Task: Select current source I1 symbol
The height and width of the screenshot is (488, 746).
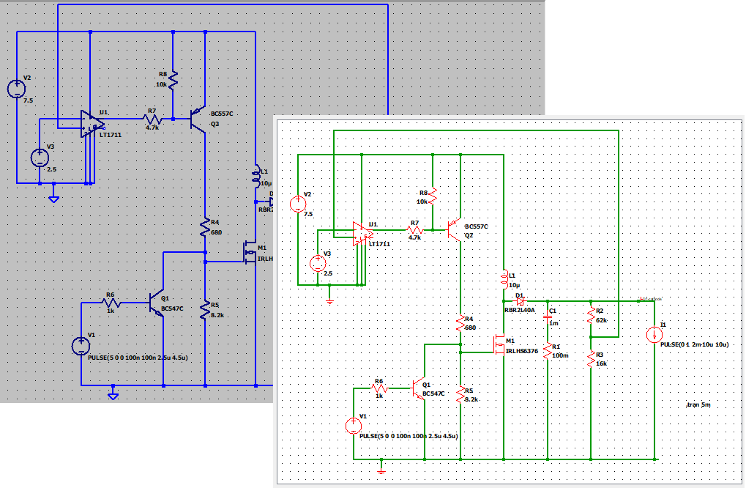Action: [654, 335]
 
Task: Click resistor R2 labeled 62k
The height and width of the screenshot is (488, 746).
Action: [591, 317]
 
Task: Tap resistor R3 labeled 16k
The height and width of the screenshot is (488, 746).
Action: [591, 358]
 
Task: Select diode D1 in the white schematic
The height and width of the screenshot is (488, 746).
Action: [520, 301]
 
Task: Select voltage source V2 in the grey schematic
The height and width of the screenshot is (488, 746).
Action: [16, 89]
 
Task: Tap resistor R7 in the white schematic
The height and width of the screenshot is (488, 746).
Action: [414, 229]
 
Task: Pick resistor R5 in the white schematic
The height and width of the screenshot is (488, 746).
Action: [460, 395]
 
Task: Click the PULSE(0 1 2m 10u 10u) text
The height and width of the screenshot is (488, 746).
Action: [694, 344]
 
